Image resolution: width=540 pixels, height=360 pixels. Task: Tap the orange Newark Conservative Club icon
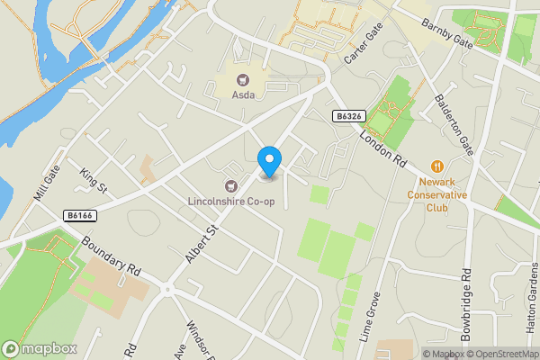pos(437,166)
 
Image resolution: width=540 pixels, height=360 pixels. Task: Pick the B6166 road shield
pos(82,215)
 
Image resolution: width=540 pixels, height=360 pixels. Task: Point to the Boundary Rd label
pos(112,256)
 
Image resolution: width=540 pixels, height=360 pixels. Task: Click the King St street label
pos(93,180)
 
